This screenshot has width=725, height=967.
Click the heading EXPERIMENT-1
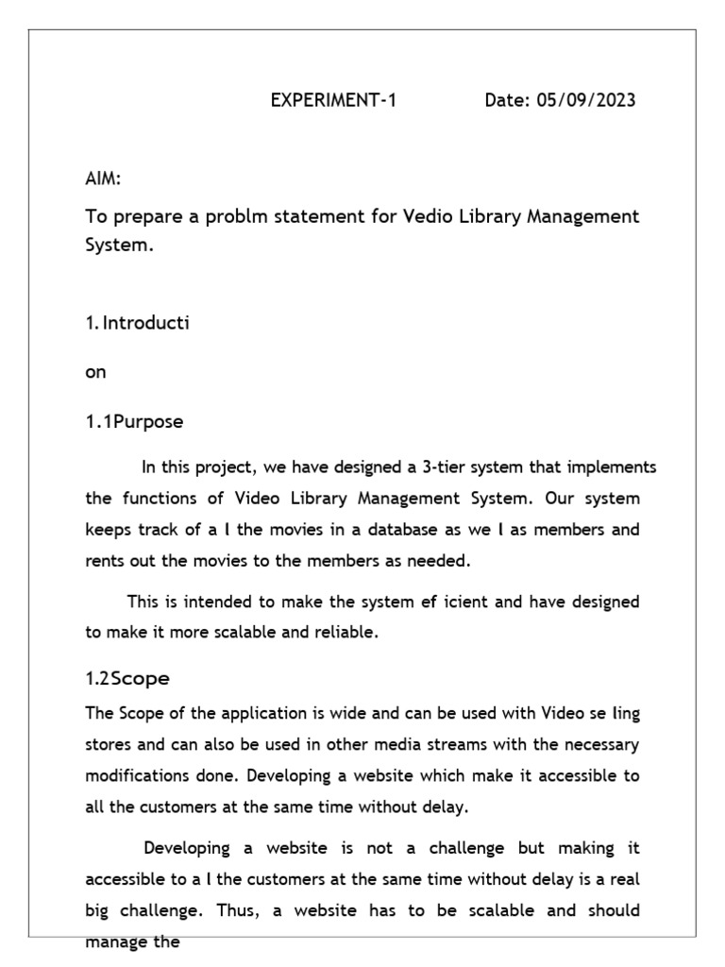pos(334,101)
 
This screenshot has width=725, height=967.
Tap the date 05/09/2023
pos(585,101)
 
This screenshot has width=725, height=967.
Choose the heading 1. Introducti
pos(137,323)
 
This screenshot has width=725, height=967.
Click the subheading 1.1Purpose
pos(134,422)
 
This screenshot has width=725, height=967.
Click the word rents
pos(104,560)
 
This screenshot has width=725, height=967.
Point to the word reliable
pos(346,633)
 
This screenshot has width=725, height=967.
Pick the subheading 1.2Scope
pos(127,678)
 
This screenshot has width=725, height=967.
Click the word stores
pos(108,744)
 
